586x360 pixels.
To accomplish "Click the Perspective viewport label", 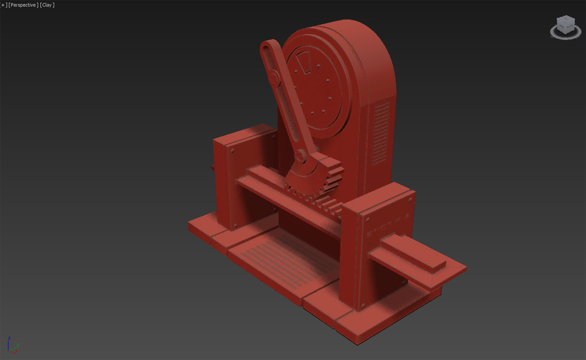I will [23, 5].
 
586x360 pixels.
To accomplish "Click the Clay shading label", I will [47, 5].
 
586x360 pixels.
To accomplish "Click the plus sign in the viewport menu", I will [3, 5].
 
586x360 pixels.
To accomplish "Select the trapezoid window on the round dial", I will [305, 64].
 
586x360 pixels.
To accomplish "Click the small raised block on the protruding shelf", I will [413, 252].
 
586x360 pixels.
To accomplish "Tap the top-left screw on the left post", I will [233, 151].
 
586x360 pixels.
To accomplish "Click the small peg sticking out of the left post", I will [212, 168].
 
